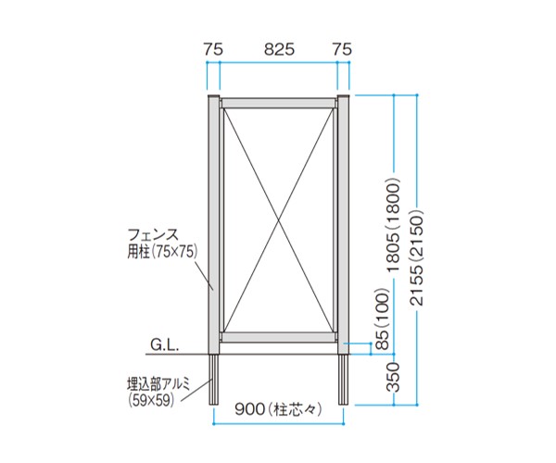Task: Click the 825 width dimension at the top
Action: click(279, 50)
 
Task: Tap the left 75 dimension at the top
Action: click(213, 50)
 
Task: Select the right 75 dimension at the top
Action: click(342, 50)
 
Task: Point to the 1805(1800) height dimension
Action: click(394, 224)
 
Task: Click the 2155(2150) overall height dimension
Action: click(416, 258)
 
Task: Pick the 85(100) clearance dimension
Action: click(383, 319)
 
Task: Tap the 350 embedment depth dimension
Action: click(393, 377)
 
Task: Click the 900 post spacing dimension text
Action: click(279, 410)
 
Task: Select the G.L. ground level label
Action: click(165, 345)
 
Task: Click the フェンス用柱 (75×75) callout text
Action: click(162, 244)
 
